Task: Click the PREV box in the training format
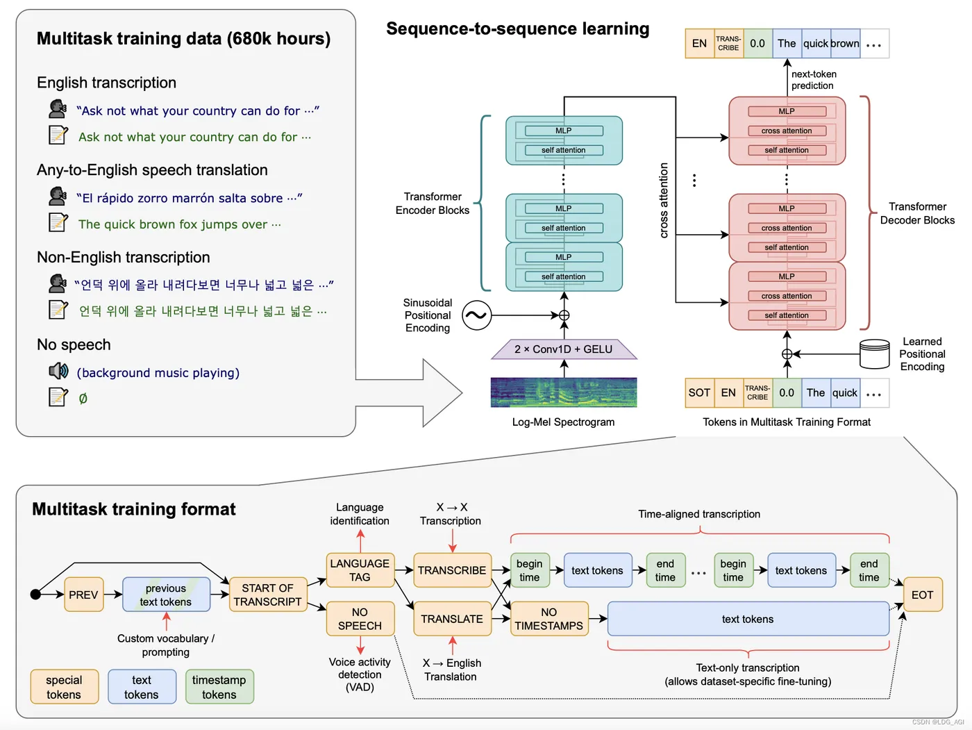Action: [83, 595]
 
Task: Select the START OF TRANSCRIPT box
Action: [268, 595]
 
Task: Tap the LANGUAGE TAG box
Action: [360, 570]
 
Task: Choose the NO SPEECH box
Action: [360, 619]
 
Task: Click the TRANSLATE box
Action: [452, 619]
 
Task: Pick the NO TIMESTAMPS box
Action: [549, 619]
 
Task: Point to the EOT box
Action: [922, 595]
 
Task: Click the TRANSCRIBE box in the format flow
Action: [452, 570]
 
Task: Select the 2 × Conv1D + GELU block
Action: [564, 349]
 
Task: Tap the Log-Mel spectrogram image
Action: [564, 392]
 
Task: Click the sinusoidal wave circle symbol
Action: [476, 315]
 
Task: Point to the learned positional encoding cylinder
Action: [874, 354]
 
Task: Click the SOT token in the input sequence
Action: [699, 392]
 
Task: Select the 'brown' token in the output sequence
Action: [845, 43]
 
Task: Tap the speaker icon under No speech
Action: [58, 371]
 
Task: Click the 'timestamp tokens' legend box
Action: [219, 687]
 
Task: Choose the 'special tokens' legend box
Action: [64, 687]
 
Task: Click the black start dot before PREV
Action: [35, 594]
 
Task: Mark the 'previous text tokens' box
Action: [166, 595]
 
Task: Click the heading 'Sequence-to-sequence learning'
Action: [518, 28]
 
